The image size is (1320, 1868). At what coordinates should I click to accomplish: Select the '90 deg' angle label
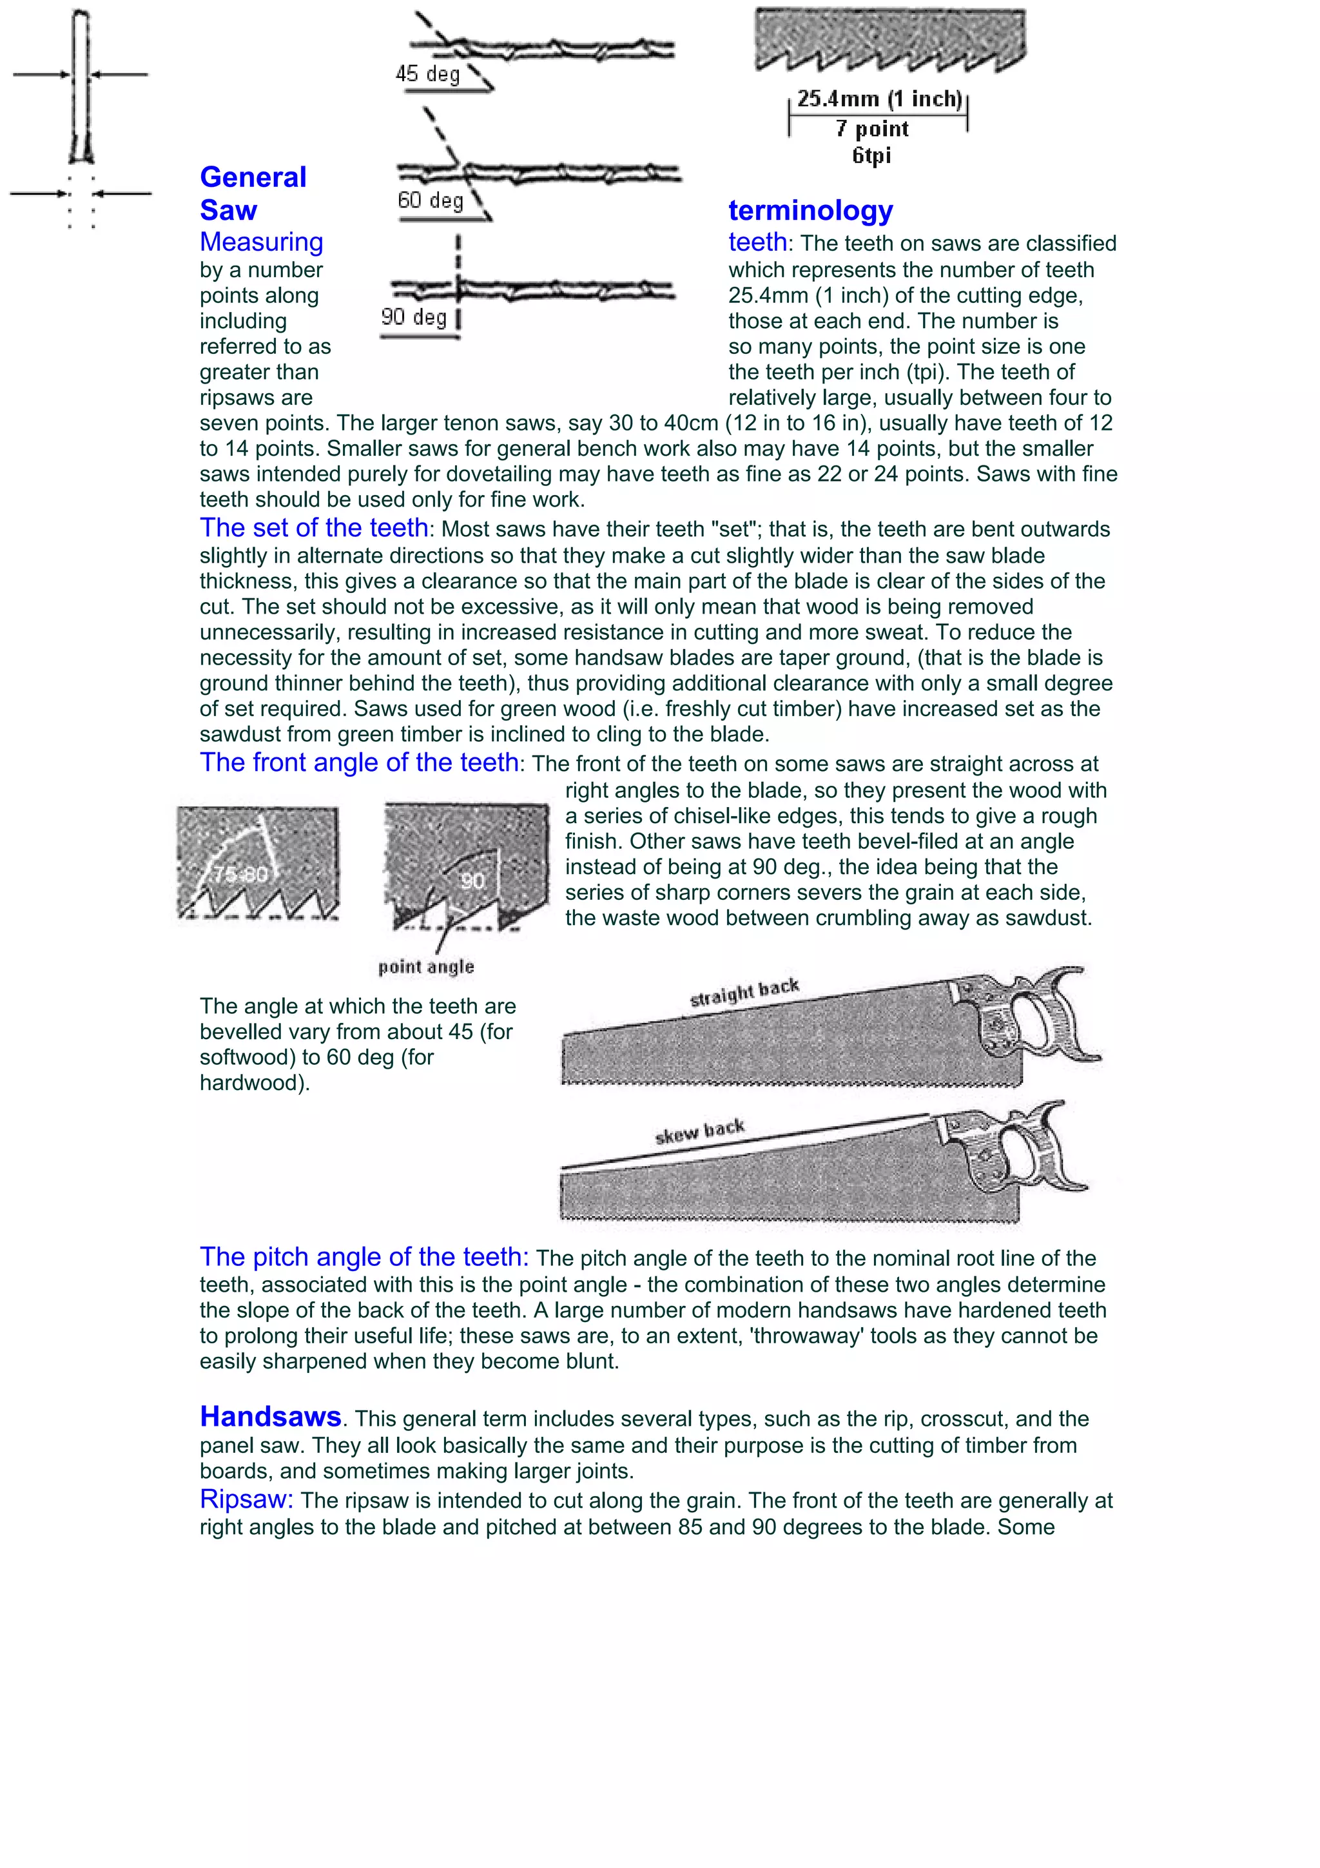(x=413, y=316)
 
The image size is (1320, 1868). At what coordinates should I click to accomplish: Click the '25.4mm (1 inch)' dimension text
(x=878, y=99)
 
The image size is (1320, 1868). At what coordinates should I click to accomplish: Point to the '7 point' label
(x=872, y=128)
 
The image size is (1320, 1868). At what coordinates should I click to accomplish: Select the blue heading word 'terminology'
(x=810, y=210)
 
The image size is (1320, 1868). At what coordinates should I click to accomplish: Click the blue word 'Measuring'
(x=261, y=242)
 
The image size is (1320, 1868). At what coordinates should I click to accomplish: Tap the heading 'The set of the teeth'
(x=314, y=528)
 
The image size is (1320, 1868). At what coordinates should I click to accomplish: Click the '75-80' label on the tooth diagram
(x=239, y=875)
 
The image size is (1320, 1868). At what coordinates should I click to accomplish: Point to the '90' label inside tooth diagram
(x=472, y=880)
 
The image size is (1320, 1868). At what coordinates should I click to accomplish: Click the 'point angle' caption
(x=425, y=966)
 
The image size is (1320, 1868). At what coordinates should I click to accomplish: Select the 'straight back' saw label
(x=744, y=992)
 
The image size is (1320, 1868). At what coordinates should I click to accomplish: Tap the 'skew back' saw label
(x=699, y=1132)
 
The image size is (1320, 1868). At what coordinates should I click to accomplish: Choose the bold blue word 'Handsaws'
(x=270, y=1416)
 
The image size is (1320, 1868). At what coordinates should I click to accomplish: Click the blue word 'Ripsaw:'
(x=246, y=1499)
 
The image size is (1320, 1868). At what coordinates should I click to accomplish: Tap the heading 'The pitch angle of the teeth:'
(x=364, y=1257)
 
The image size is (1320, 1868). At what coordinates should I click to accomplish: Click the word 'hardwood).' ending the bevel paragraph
(x=255, y=1083)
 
